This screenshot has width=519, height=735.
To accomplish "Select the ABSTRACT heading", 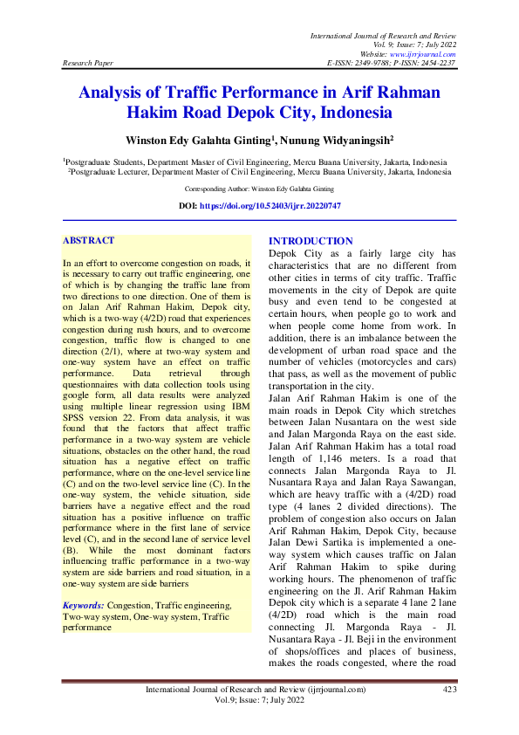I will pyautogui.click(x=89, y=239).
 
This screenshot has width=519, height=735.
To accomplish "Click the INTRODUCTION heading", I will pyautogui.click(x=311, y=241).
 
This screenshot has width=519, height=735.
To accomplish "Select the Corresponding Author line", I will pyautogui.click(x=259, y=189).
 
